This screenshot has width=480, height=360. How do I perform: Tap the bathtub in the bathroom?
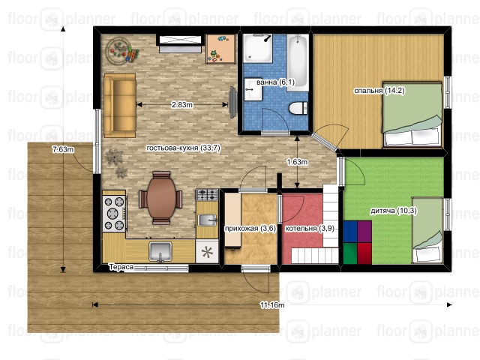tap(298, 61)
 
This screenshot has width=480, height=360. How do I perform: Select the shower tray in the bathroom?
tap(257, 48)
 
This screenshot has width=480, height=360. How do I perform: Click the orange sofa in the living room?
tap(120, 105)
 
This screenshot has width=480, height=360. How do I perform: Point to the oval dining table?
tap(161, 198)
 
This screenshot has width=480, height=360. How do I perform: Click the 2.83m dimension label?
tap(181, 105)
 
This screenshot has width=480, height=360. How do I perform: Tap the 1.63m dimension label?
tap(297, 162)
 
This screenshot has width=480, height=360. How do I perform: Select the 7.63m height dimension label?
tap(63, 150)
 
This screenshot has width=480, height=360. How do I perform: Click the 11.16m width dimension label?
tap(272, 305)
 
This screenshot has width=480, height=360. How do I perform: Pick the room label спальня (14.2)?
tap(379, 90)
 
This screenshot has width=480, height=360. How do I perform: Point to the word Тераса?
tap(121, 267)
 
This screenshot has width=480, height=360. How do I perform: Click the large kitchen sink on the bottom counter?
tap(160, 252)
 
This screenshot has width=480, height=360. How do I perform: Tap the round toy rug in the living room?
tap(118, 50)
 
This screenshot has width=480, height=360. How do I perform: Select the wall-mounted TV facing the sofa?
tap(233, 102)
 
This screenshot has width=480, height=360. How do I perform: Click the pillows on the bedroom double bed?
tap(412, 137)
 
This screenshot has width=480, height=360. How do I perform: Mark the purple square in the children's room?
tap(364, 232)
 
